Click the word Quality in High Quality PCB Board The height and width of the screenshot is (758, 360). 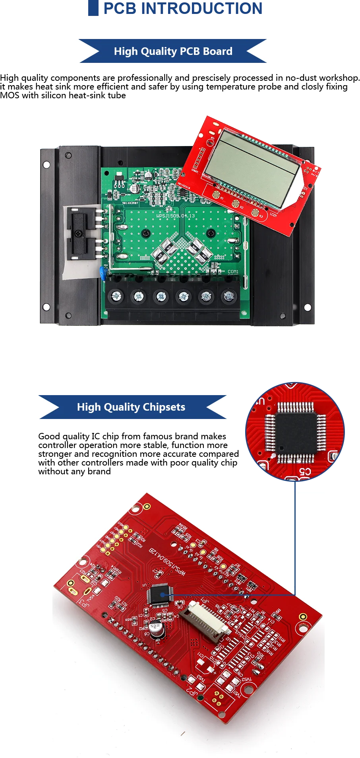pyautogui.click(x=158, y=52)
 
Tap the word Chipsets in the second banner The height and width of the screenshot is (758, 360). pyautogui.click(x=164, y=407)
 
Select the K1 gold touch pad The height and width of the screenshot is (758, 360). pyautogui.click(x=216, y=195)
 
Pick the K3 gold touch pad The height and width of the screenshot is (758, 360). pyautogui.click(x=255, y=212)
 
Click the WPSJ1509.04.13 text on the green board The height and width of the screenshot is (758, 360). pyautogui.click(x=176, y=216)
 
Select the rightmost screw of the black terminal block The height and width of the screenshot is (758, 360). pyautogui.click(x=228, y=296)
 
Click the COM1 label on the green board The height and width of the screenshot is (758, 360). pyautogui.click(x=233, y=272)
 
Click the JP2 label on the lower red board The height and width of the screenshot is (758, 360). pyautogui.click(x=192, y=691)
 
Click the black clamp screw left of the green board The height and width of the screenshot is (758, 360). pyautogui.click(x=79, y=232)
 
